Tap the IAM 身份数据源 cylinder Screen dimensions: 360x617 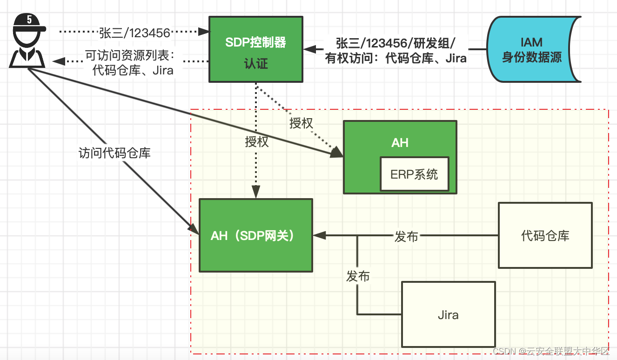[531, 50]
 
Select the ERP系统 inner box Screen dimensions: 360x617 [414, 174]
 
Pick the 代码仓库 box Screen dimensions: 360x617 [545, 235]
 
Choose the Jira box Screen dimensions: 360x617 [448, 315]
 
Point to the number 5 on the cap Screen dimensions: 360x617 [29, 20]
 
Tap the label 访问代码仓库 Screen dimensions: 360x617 [114, 153]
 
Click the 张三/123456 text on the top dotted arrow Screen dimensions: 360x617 [134, 32]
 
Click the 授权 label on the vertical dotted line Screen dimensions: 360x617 [257, 142]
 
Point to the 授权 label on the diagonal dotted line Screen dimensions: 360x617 [301, 123]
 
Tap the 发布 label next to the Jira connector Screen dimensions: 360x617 [358, 276]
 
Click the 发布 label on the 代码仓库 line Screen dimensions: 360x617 [406, 236]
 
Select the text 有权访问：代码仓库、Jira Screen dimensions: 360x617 [396, 59]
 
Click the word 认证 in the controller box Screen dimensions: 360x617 [256, 64]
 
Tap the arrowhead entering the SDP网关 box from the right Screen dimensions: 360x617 [319, 236]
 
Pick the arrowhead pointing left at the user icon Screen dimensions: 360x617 [58, 60]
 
